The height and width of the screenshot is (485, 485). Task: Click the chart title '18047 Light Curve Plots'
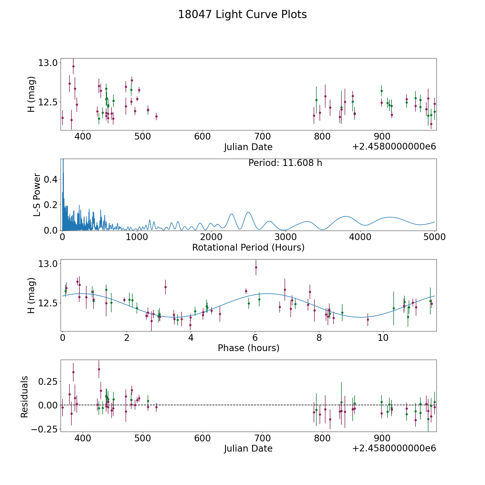click(x=242, y=15)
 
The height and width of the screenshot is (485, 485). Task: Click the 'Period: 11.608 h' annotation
click(x=285, y=163)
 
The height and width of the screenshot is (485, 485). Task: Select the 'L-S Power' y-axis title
click(x=37, y=195)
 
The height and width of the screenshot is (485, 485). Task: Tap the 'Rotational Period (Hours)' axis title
click(x=248, y=247)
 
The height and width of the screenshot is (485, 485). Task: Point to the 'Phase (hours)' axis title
click(x=248, y=348)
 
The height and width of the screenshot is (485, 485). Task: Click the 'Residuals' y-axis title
click(x=24, y=397)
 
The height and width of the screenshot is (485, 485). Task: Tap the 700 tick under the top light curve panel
click(x=262, y=137)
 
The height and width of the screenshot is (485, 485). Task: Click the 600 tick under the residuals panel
click(x=202, y=438)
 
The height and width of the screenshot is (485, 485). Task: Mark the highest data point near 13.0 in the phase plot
click(x=256, y=267)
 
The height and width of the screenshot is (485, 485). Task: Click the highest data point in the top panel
click(x=73, y=66)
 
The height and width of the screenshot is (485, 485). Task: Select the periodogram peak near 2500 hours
click(x=248, y=212)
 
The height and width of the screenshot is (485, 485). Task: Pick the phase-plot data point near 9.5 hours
click(x=368, y=320)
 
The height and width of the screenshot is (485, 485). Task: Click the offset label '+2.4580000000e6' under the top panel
click(x=394, y=147)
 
